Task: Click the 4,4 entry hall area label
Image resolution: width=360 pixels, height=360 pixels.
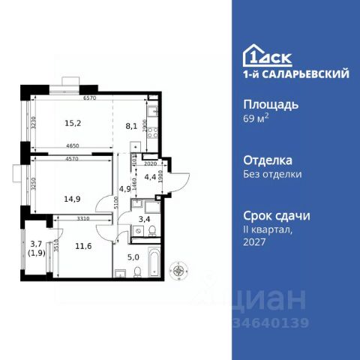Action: click(x=149, y=178)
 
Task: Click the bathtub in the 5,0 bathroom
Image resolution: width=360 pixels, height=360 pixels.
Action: click(x=154, y=262)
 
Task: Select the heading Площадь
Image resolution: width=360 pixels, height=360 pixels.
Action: click(x=272, y=104)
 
